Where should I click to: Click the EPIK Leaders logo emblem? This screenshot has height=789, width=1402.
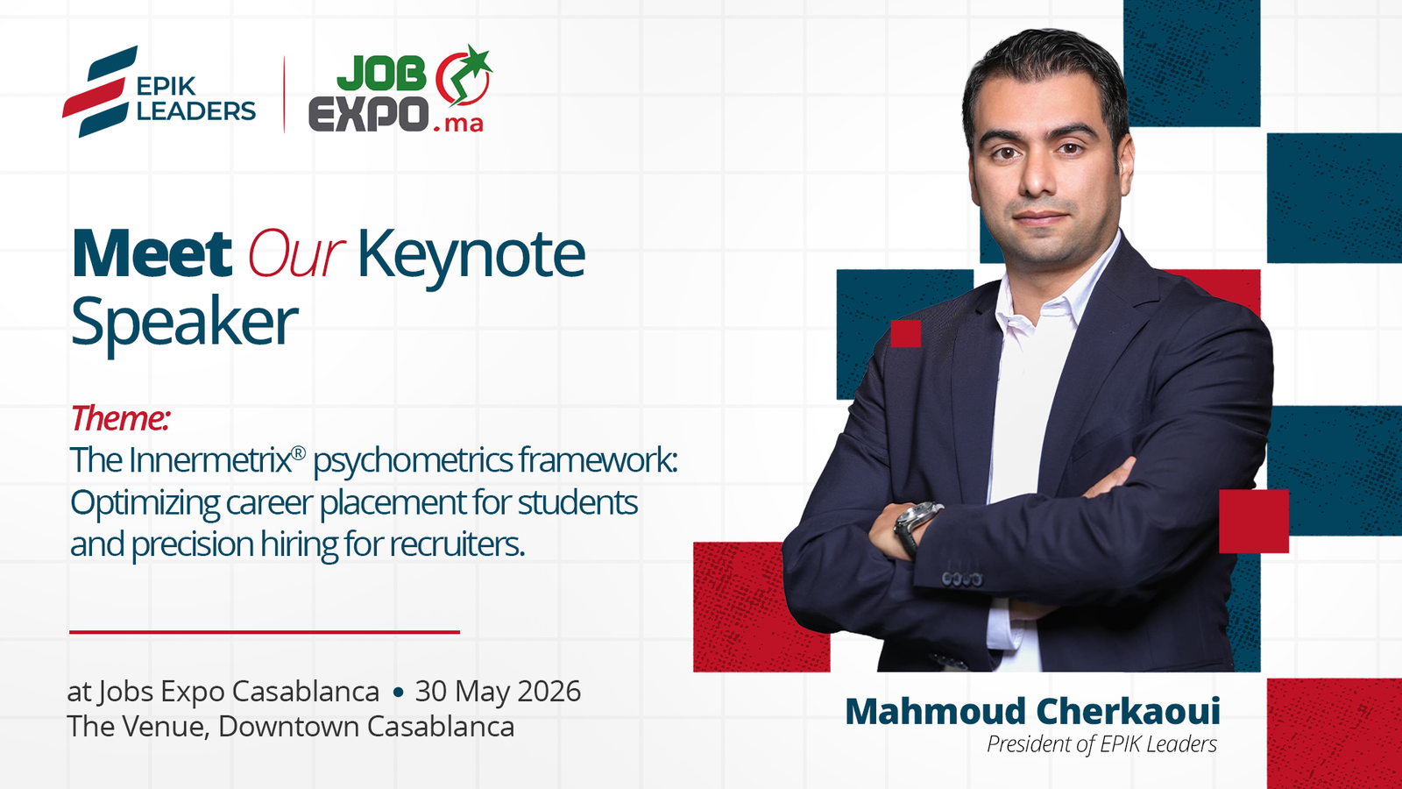98,92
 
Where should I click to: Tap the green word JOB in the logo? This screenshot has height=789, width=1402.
381,75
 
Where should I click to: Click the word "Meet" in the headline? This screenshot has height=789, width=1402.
152,255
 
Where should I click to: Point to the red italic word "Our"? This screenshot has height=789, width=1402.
295,255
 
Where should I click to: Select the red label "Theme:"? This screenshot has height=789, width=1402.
119,418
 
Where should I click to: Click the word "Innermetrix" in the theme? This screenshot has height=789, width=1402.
209,460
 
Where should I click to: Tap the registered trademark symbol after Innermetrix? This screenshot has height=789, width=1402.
299,452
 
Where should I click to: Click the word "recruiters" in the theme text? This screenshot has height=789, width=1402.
457,544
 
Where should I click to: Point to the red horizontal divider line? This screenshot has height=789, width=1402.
264,631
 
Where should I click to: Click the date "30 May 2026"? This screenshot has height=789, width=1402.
498,691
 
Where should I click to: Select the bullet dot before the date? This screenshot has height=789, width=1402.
398,692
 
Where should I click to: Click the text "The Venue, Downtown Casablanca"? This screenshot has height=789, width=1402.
290,727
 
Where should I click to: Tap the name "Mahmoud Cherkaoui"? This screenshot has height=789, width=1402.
1032,711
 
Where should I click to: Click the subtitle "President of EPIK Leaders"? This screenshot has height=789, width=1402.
1101,744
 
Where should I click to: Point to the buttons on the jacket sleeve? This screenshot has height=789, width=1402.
961,579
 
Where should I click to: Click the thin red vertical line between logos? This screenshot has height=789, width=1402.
284,94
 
